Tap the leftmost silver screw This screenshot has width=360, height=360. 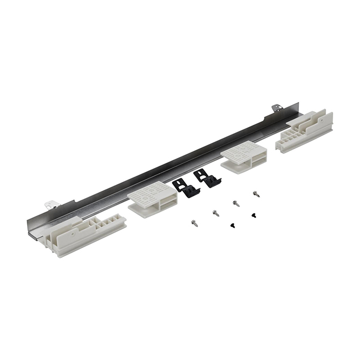click(194, 222)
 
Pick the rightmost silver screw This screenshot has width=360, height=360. click(256, 193)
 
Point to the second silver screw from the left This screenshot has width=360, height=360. click(216, 213)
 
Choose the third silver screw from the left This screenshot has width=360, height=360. click(236, 203)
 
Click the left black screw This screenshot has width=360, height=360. click(233, 224)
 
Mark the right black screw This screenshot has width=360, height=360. click(254, 215)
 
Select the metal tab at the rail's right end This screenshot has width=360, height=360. click(276, 108)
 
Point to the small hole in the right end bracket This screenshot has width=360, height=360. click(277, 107)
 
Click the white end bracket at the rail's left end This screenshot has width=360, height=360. click(82, 232)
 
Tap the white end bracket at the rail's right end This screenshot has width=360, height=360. click(305, 131)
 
